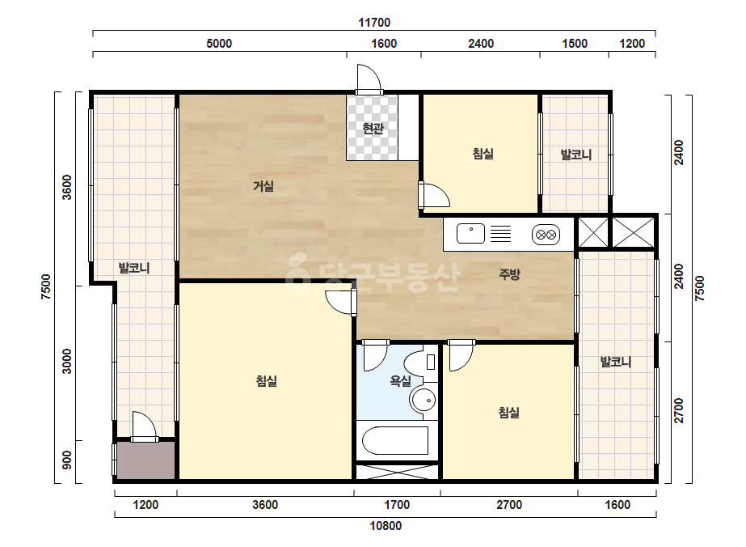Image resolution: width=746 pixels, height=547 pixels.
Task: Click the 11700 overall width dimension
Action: (x=374, y=23)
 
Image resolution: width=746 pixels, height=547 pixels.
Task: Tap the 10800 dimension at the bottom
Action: (x=386, y=526)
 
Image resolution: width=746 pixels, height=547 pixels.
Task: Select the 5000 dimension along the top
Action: (x=219, y=44)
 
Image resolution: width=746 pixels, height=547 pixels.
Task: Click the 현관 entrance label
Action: (x=373, y=128)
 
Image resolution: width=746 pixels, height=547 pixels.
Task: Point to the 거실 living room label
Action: (x=263, y=185)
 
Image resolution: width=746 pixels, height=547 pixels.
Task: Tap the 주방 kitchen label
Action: (x=509, y=274)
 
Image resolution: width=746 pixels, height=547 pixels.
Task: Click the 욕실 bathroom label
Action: (x=401, y=380)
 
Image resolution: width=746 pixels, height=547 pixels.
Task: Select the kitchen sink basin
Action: (x=470, y=234)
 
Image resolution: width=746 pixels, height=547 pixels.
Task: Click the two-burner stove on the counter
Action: (x=546, y=235)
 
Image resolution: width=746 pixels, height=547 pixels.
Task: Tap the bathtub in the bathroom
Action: (x=395, y=441)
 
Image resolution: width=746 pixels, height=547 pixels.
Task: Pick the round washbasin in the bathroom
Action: (x=424, y=399)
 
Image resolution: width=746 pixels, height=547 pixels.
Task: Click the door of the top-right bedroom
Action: (x=434, y=195)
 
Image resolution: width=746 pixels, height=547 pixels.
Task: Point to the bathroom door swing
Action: (x=376, y=355)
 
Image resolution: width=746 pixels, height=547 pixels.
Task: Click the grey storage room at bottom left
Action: (x=146, y=460)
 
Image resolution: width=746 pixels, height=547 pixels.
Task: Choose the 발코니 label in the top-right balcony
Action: (x=576, y=155)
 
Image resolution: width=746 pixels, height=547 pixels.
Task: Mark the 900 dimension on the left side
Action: (x=68, y=460)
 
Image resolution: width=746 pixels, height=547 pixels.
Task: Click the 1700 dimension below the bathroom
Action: (x=397, y=505)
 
